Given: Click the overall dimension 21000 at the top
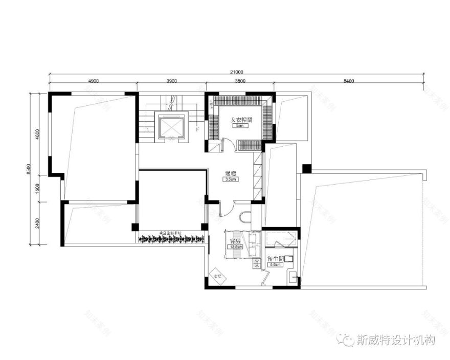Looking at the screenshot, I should pos(236,72).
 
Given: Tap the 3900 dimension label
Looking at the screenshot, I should pos(171,81).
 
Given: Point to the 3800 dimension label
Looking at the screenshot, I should pos(239,81).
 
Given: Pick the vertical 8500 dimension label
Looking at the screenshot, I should pos(29,169).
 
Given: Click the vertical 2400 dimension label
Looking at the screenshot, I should pos(38,223).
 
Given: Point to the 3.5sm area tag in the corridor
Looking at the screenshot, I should pos(230,179).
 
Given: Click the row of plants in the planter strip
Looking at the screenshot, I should pos(172,238).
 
